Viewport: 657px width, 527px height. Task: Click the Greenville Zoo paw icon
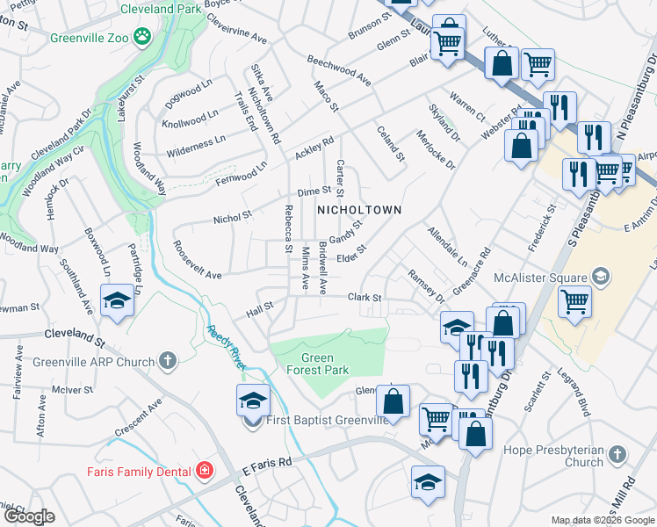click(142, 37)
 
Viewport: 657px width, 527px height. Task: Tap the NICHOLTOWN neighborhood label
click(358, 210)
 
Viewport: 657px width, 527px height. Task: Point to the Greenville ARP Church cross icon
click(167, 361)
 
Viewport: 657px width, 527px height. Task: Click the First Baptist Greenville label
click(328, 421)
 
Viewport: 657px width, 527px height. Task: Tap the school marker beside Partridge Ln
click(118, 300)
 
